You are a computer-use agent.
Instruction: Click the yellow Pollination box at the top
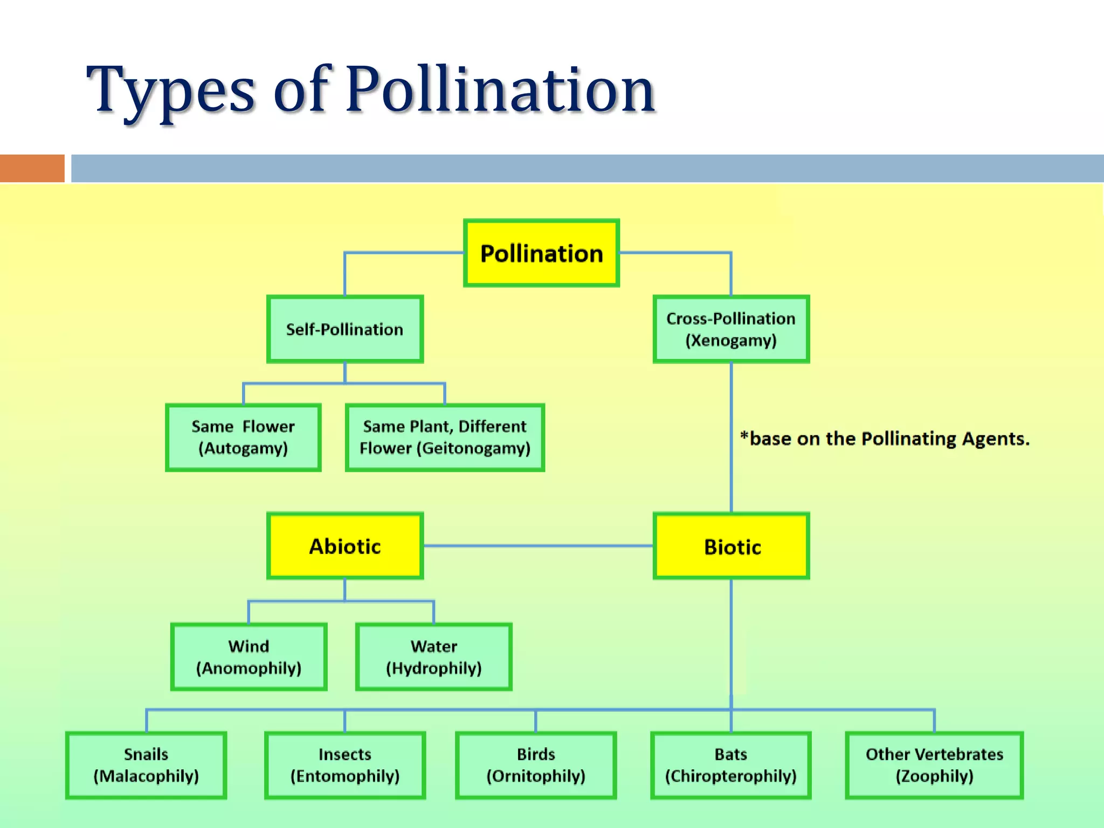tap(541, 253)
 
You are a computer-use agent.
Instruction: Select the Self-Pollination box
tap(345, 329)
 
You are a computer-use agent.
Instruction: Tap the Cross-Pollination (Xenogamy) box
tap(731, 329)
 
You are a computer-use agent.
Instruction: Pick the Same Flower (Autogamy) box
tap(243, 437)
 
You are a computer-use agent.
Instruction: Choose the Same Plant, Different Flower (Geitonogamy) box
tap(445, 437)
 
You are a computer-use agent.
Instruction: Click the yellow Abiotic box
tap(345, 546)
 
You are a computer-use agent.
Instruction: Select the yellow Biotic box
tap(731, 546)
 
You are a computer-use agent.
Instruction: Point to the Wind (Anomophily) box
tap(249, 657)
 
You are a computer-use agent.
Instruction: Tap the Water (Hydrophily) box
tap(433, 657)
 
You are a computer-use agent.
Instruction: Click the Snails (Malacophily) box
tap(146, 765)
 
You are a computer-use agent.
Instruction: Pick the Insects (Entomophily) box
tap(345, 765)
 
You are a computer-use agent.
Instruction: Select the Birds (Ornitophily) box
tap(536, 765)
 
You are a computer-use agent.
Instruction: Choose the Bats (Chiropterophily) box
tap(731, 765)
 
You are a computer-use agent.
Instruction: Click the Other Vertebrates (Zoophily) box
tap(934, 765)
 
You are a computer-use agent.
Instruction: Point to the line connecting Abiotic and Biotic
tap(538, 546)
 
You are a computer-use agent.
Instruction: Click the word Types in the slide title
tap(170, 89)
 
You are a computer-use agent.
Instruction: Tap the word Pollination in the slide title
tap(500, 89)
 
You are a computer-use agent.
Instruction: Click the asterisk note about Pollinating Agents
tap(885, 439)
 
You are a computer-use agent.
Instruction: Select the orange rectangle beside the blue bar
tap(32, 168)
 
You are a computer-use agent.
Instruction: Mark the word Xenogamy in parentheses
tap(731, 341)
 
